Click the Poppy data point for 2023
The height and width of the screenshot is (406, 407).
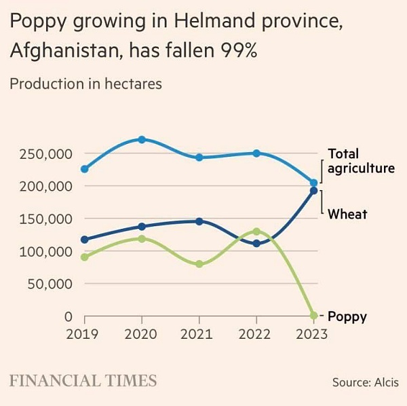tap(314, 316)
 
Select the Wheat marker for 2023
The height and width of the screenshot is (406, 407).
tap(314, 191)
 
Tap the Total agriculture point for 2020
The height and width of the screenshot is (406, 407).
tap(142, 139)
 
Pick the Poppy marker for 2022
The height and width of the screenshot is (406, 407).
tap(256, 232)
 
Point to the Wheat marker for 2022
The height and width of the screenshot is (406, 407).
tap(256, 244)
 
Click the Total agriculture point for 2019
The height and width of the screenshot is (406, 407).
tap(85, 169)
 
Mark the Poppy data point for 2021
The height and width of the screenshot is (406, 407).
tap(199, 264)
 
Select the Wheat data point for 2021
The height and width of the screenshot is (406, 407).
tap(199, 221)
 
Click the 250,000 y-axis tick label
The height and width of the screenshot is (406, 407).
tap(46, 154)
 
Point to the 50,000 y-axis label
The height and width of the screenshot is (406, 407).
tap(50, 284)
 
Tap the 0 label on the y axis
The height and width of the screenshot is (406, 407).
tap(69, 316)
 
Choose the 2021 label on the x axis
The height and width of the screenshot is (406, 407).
tap(197, 334)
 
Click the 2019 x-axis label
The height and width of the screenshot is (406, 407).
tap(82, 334)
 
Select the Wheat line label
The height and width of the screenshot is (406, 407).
tap(347, 215)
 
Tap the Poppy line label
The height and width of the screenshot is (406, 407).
tap(347, 317)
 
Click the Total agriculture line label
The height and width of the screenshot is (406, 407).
tap(362, 161)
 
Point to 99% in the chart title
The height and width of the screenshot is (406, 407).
tap(239, 50)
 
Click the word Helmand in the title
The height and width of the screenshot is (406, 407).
tap(214, 21)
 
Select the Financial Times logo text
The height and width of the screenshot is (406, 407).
tap(83, 381)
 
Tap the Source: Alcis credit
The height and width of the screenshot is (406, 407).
tap(366, 382)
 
